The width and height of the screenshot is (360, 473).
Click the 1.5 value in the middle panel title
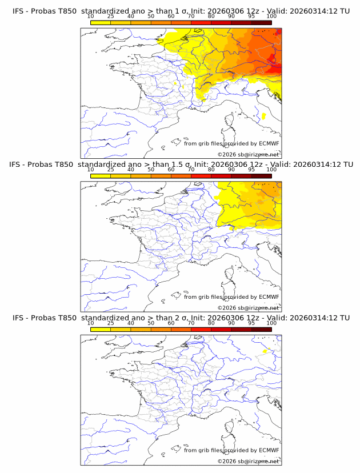point(174,165)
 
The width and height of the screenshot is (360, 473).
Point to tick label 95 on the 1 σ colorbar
point(251,16)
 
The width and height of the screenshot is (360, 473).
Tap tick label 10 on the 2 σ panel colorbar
point(91,323)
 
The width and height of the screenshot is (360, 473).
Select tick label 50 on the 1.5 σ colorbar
point(151,170)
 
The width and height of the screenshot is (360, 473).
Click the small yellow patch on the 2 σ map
point(265,351)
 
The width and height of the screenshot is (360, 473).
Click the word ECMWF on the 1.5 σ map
point(269,297)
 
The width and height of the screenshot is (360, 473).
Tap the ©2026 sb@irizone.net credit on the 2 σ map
point(249,461)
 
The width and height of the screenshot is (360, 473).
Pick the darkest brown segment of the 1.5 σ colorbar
point(261,175)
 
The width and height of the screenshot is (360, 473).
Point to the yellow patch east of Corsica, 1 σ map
point(263,116)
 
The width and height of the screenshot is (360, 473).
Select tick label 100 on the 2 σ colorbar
point(271,323)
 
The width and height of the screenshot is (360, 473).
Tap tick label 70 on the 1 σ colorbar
point(191,16)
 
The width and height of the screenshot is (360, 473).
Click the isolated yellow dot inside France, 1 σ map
point(175,83)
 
